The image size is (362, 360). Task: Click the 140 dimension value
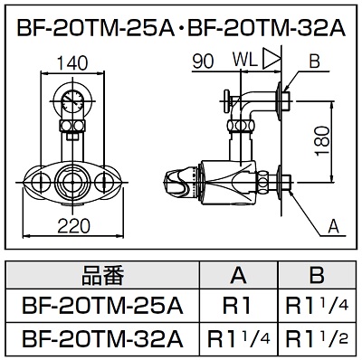(72, 63)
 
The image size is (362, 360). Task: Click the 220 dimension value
(73, 225)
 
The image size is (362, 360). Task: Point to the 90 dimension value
(204, 62)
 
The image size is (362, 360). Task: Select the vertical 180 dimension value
(323, 141)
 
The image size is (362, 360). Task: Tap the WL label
(245, 60)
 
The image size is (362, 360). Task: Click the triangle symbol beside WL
(271, 58)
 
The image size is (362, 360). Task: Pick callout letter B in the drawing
(314, 62)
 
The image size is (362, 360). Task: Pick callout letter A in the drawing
(333, 226)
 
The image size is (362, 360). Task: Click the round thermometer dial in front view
(73, 100)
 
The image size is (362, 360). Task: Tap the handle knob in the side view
(177, 183)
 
